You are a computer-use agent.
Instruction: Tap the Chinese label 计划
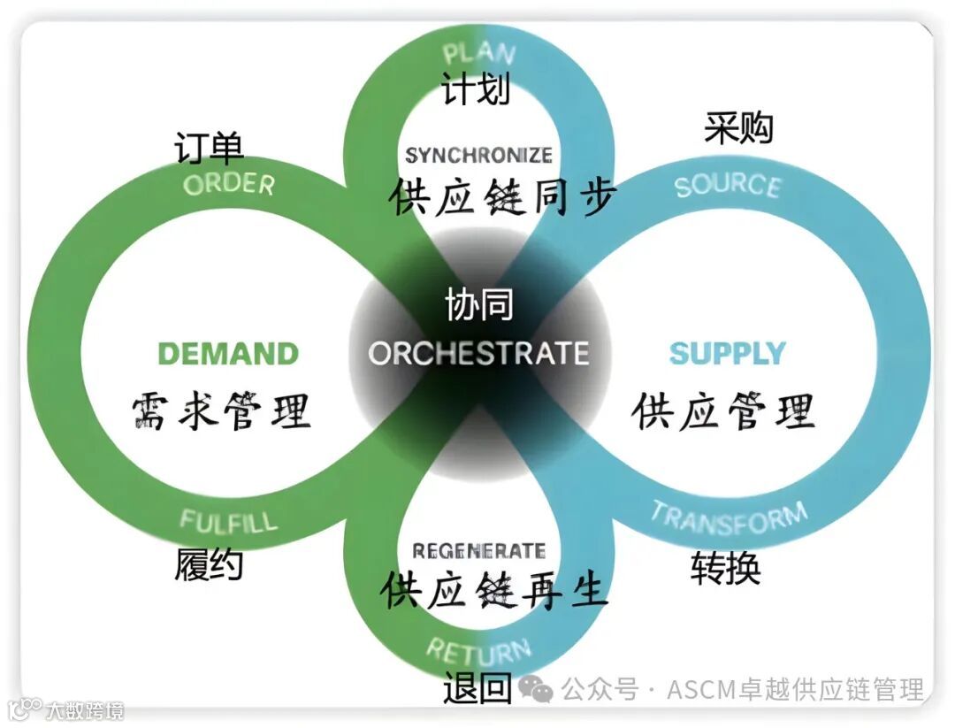(x=477, y=89)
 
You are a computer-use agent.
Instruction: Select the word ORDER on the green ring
(x=229, y=183)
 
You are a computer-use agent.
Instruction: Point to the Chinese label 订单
(x=209, y=148)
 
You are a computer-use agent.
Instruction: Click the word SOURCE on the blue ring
(x=727, y=186)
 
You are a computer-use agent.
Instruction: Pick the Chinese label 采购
(x=738, y=128)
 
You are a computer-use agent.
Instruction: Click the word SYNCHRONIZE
(x=478, y=156)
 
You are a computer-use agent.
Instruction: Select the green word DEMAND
(x=228, y=354)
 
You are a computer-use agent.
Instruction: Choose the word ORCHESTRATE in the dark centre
(x=478, y=353)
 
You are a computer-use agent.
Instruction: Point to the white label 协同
(x=478, y=307)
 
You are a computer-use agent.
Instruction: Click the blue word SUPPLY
(x=727, y=353)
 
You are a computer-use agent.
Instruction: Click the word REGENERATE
(x=478, y=551)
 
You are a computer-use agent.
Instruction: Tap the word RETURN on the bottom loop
(x=478, y=652)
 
